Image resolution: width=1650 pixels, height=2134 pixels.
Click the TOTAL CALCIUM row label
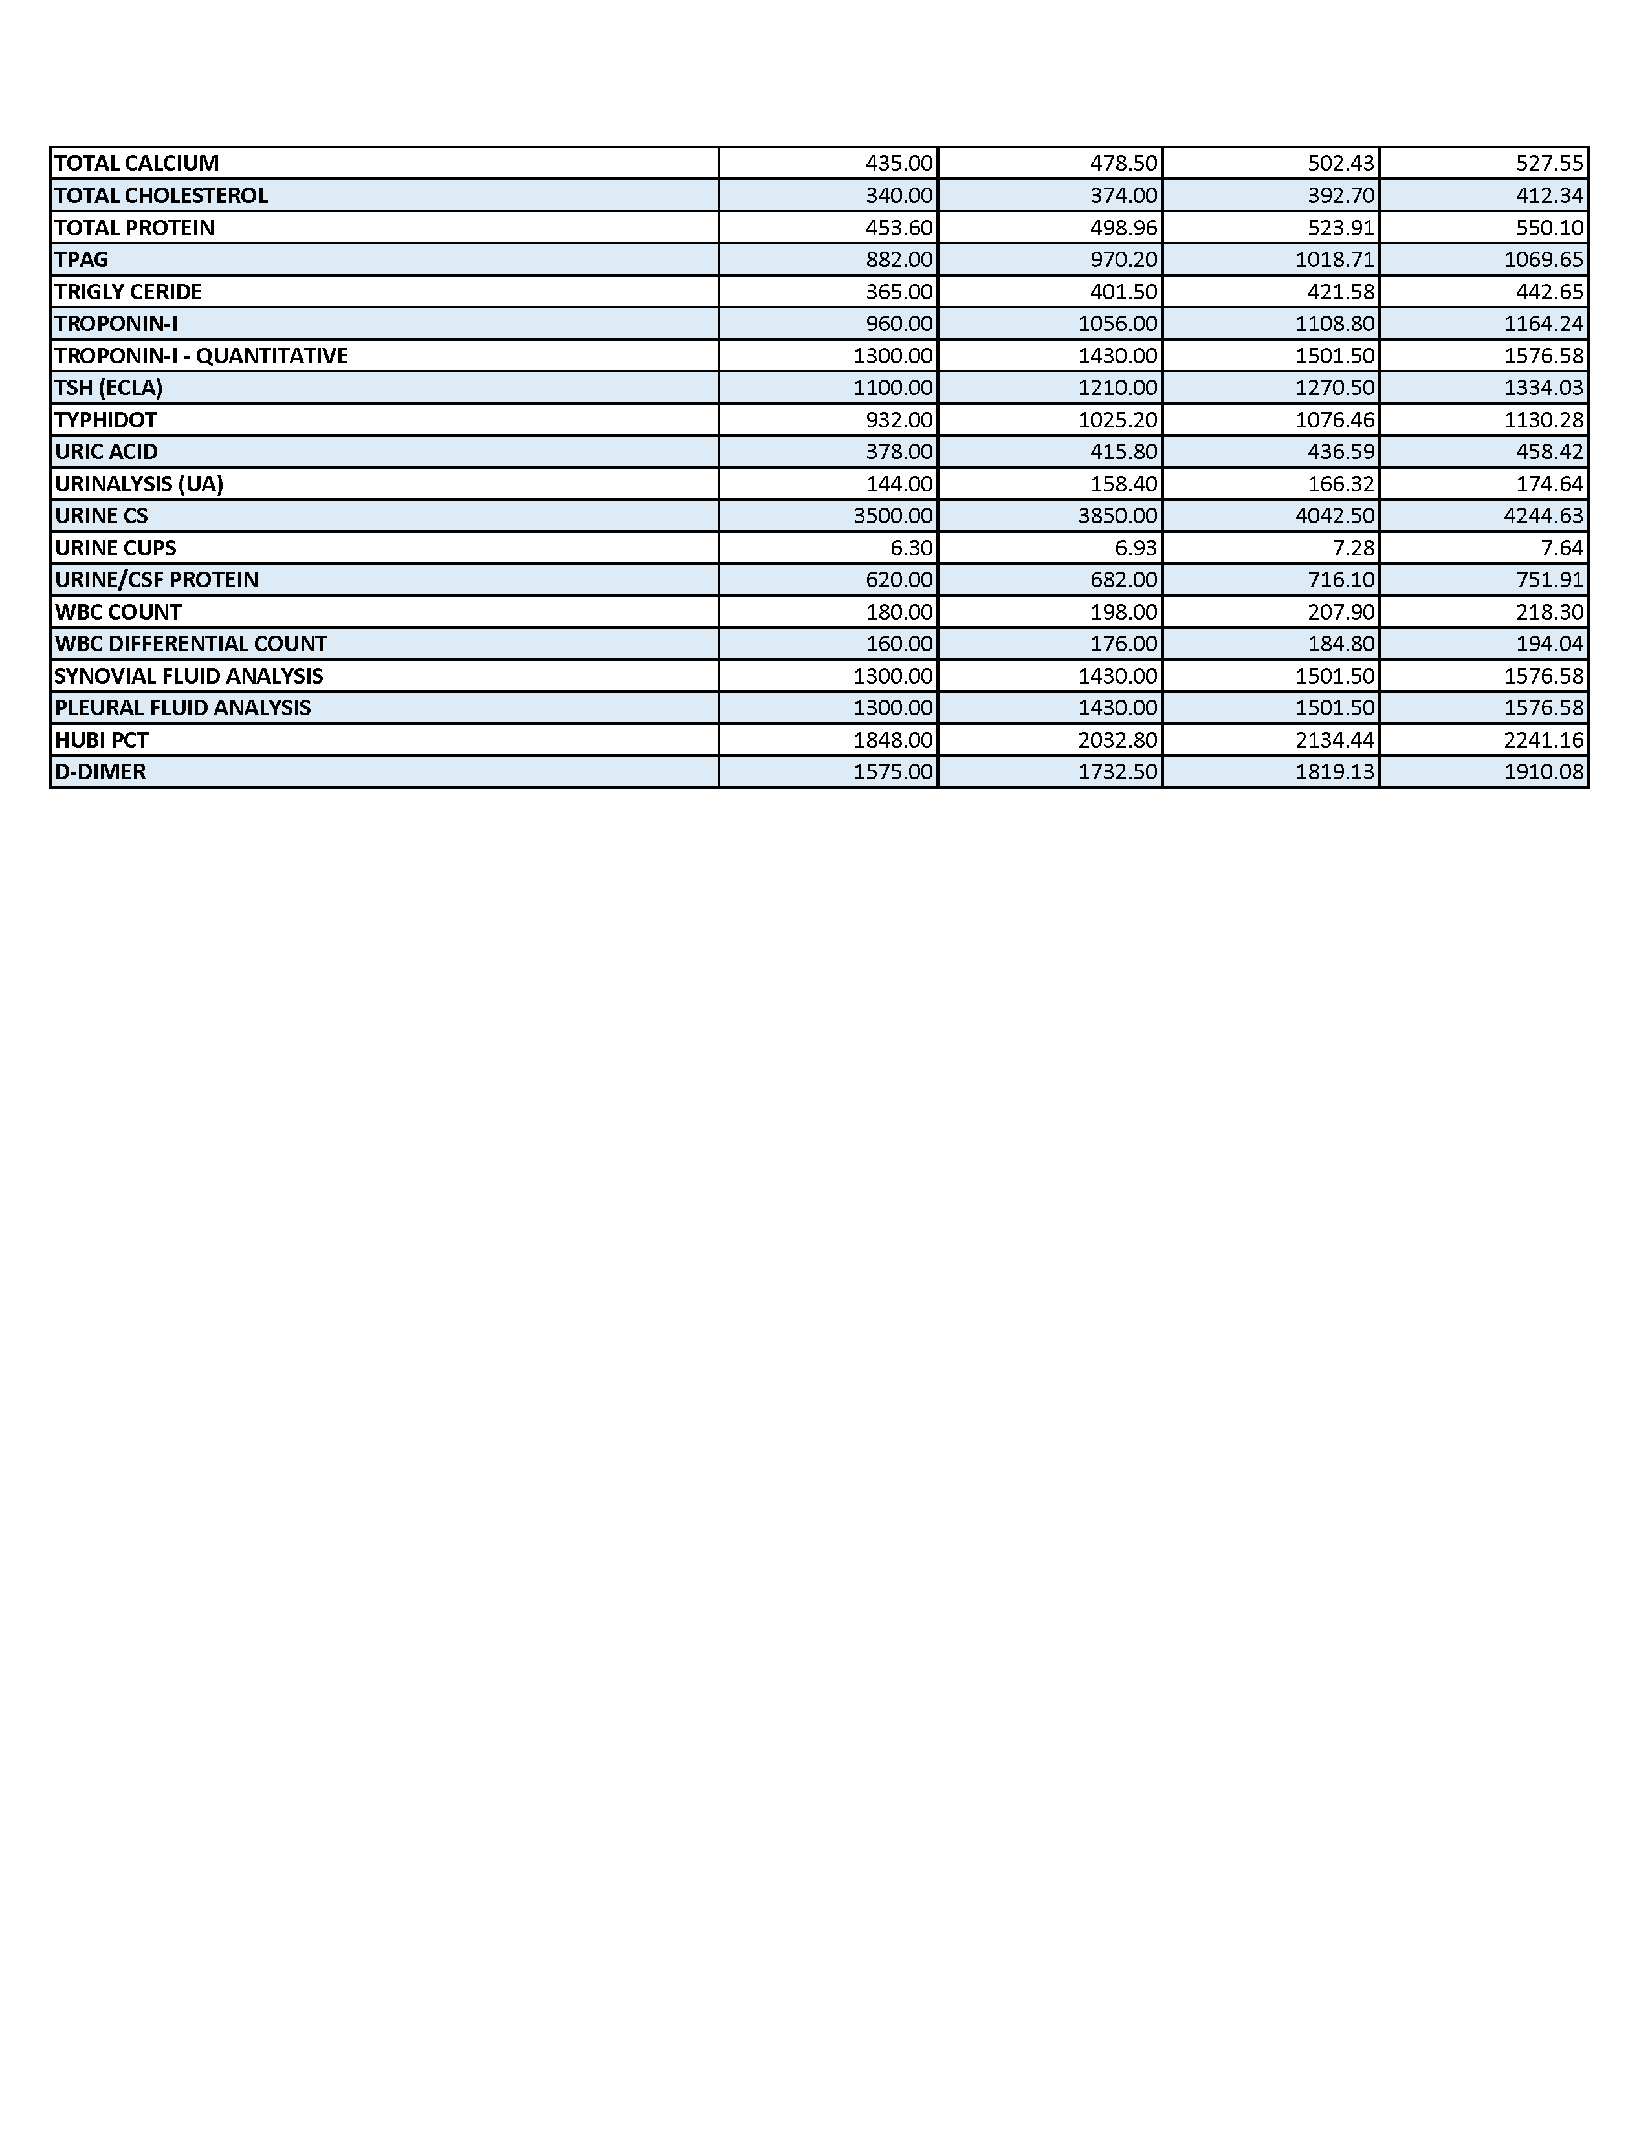pyautogui.click(x=137, y=163)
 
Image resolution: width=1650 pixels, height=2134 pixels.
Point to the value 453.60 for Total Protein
pyautogui.click(x=899, y=228)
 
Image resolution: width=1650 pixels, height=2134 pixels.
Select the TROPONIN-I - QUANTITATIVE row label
pyautogui.click(x=201, y=356)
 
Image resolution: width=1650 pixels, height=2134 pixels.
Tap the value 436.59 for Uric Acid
pyautogui.click(x=1341, y=451)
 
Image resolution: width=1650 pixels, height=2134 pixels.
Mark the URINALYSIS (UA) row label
pyautogui.click(x=139, y=484)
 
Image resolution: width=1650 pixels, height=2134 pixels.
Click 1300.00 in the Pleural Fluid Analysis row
pyautogui.click(x=894, y=708)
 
